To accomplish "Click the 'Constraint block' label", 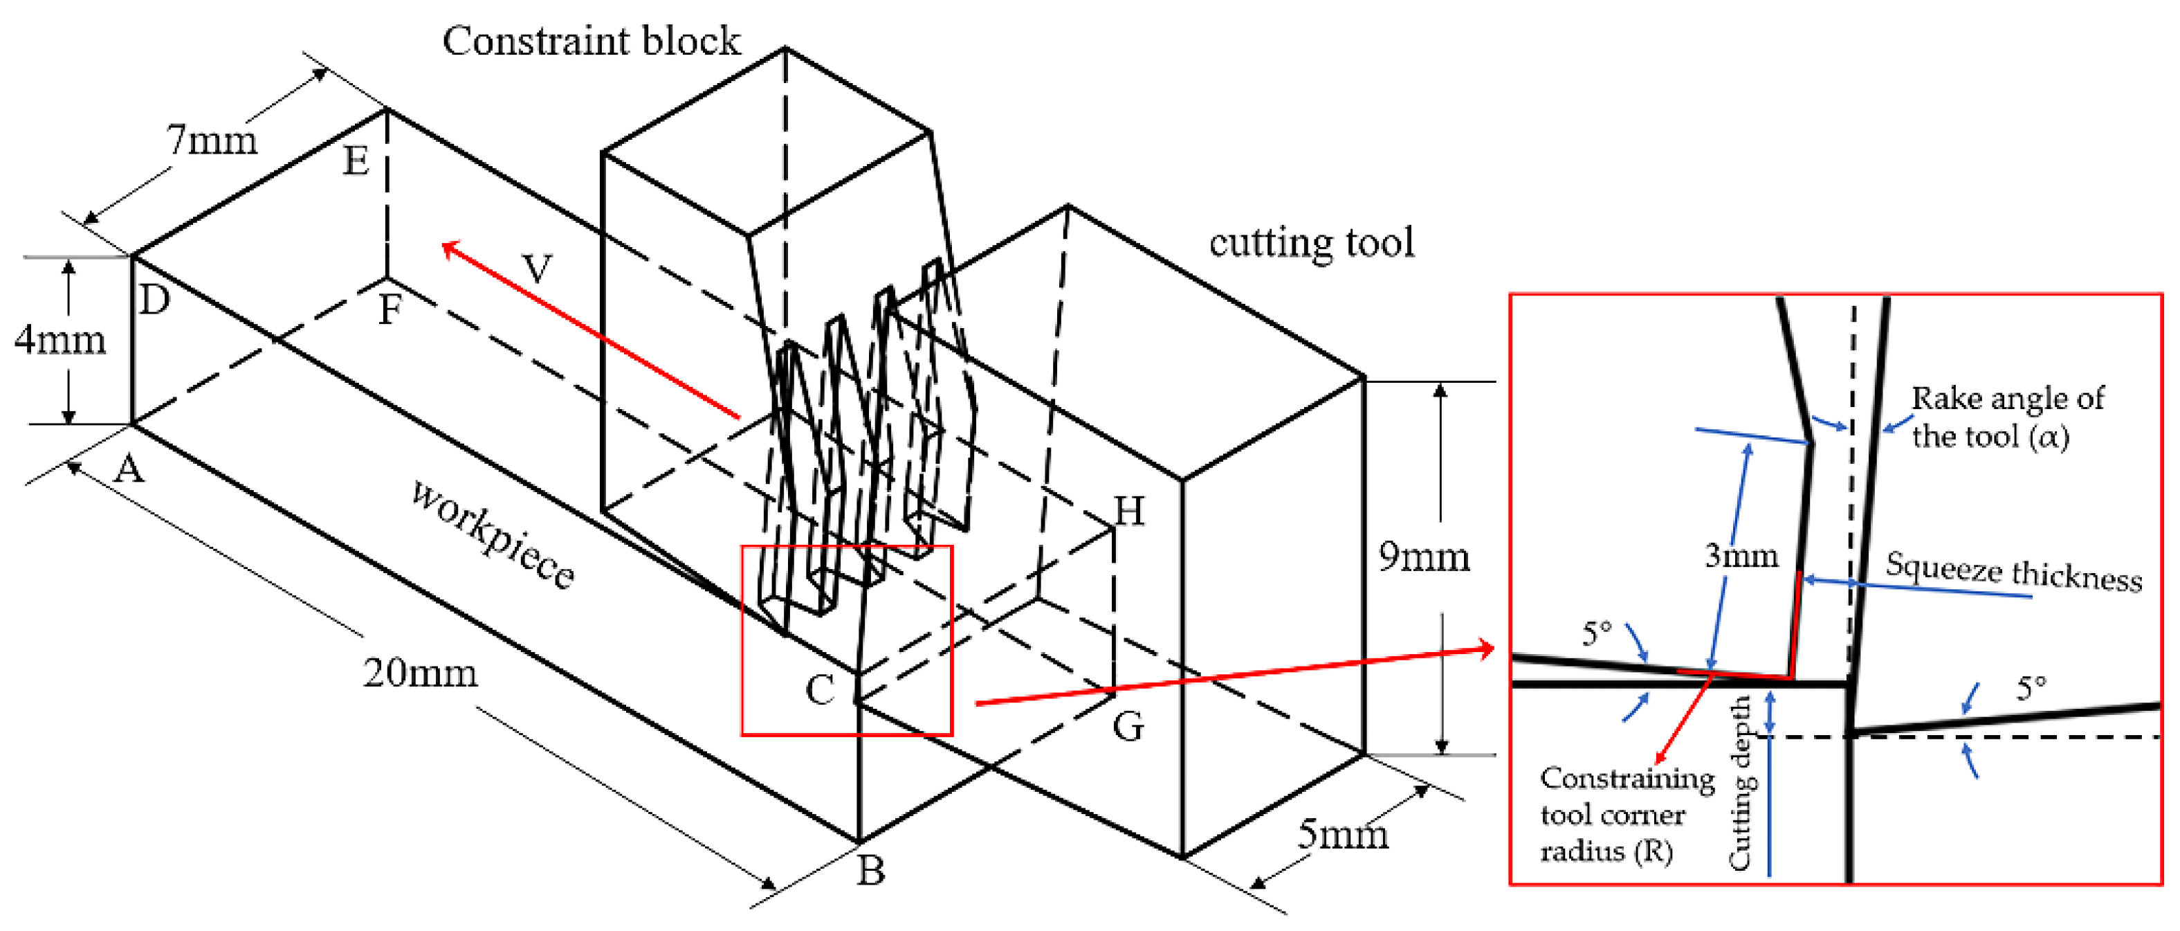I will (591, 41).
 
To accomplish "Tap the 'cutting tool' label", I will (1311, 242).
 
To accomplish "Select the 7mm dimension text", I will (212, 140).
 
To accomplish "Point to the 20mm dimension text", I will (420, 673).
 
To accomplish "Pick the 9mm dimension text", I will (1423, 556).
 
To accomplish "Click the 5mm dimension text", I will (1343, 835).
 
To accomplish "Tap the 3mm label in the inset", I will (1741, 555).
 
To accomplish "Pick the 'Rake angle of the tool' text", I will (2006, 417).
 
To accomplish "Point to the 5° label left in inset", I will (1596, 633).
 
